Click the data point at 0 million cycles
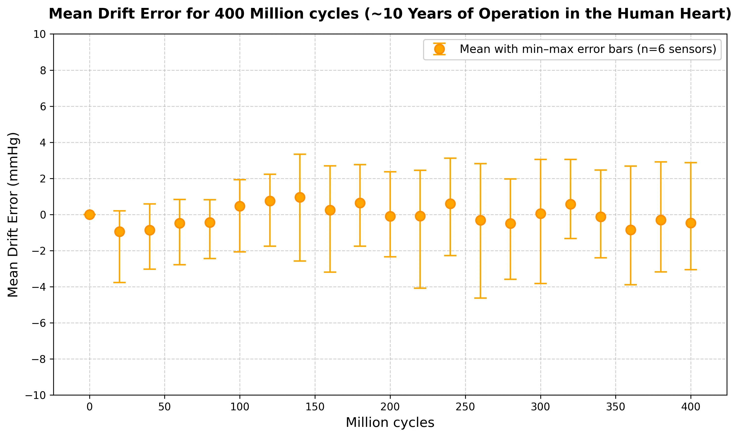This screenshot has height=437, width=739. pyautogui.click(x=90, y=215)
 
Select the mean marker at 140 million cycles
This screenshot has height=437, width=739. pyautogui.click(x=300, y=197)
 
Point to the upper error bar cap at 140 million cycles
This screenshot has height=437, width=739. pyautogui.click(x=300, y=154)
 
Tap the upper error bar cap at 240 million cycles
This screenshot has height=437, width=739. pyautogui.click(x=450, y=158)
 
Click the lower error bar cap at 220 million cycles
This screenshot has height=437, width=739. pyautogui.click(x=420, y=288)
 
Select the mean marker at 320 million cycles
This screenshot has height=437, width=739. pyautogui.click(x=571, y=204)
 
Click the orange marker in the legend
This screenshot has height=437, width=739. pyautogui.click(x=439, y=49)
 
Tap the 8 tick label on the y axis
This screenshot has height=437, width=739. pyautogui.click(x=43, y=70)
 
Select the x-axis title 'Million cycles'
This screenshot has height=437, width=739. pyautogui.click(x=390, y=423)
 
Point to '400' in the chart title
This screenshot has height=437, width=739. pyautogui.click(x=230, y=14)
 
